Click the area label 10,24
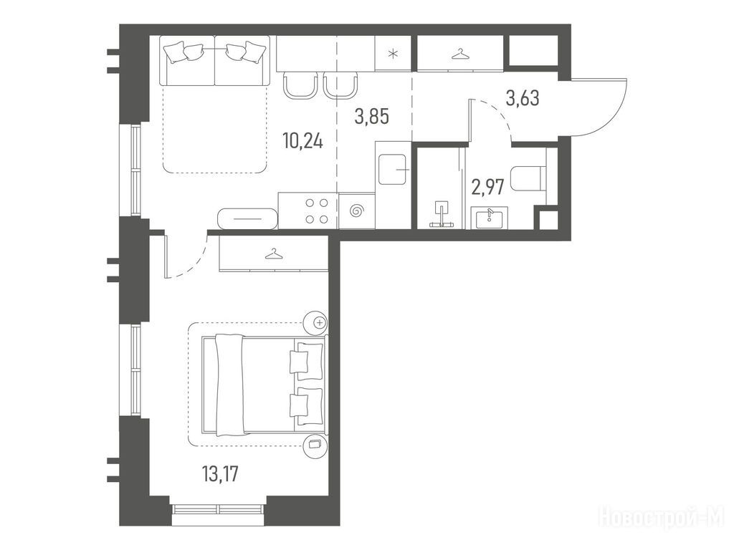(x=302, y=140)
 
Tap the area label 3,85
(x=372, y=117)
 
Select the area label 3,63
(x=523, y=98)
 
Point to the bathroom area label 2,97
(x=487, y=187)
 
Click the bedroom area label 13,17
(x=220, y=474)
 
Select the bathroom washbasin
(x=489, y=218)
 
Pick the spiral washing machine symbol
(x=357, y=211)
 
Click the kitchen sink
(x=394, y=169)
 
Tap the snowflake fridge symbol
(x=394, y=53)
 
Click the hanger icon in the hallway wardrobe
(x=459, y=54)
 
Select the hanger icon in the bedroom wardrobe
(x=274, y=254)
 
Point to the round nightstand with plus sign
(x=315, y=323)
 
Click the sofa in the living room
(x=215, y=62)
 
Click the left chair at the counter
(x=300, y=86)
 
